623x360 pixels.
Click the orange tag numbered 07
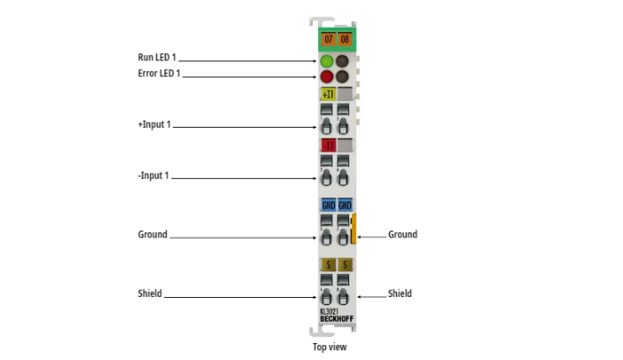[x=328, y=40]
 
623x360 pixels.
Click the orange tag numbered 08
[x=344, y=40]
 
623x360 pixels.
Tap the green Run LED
[x=327, y=61]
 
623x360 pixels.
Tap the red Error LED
[x=327, y=77]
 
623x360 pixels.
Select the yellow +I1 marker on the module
[x=328, y=94]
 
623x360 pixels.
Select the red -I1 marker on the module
[x=328, y=145]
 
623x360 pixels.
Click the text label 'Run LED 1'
[x=156, y=58]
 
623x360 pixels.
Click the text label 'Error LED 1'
[x=159, y=74]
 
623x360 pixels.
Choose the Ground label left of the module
[x=152, y=235]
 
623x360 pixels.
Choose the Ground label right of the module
[x=402, y=235]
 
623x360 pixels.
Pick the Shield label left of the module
[x=150, y=293]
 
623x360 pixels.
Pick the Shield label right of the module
[x=400, y=293]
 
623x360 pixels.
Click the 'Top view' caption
[x=330, y=348]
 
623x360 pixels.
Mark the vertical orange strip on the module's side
[x=353, y=228]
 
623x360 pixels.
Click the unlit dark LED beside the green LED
[x=343, y=61]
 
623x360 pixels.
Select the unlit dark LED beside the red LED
[x=343, y=77]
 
